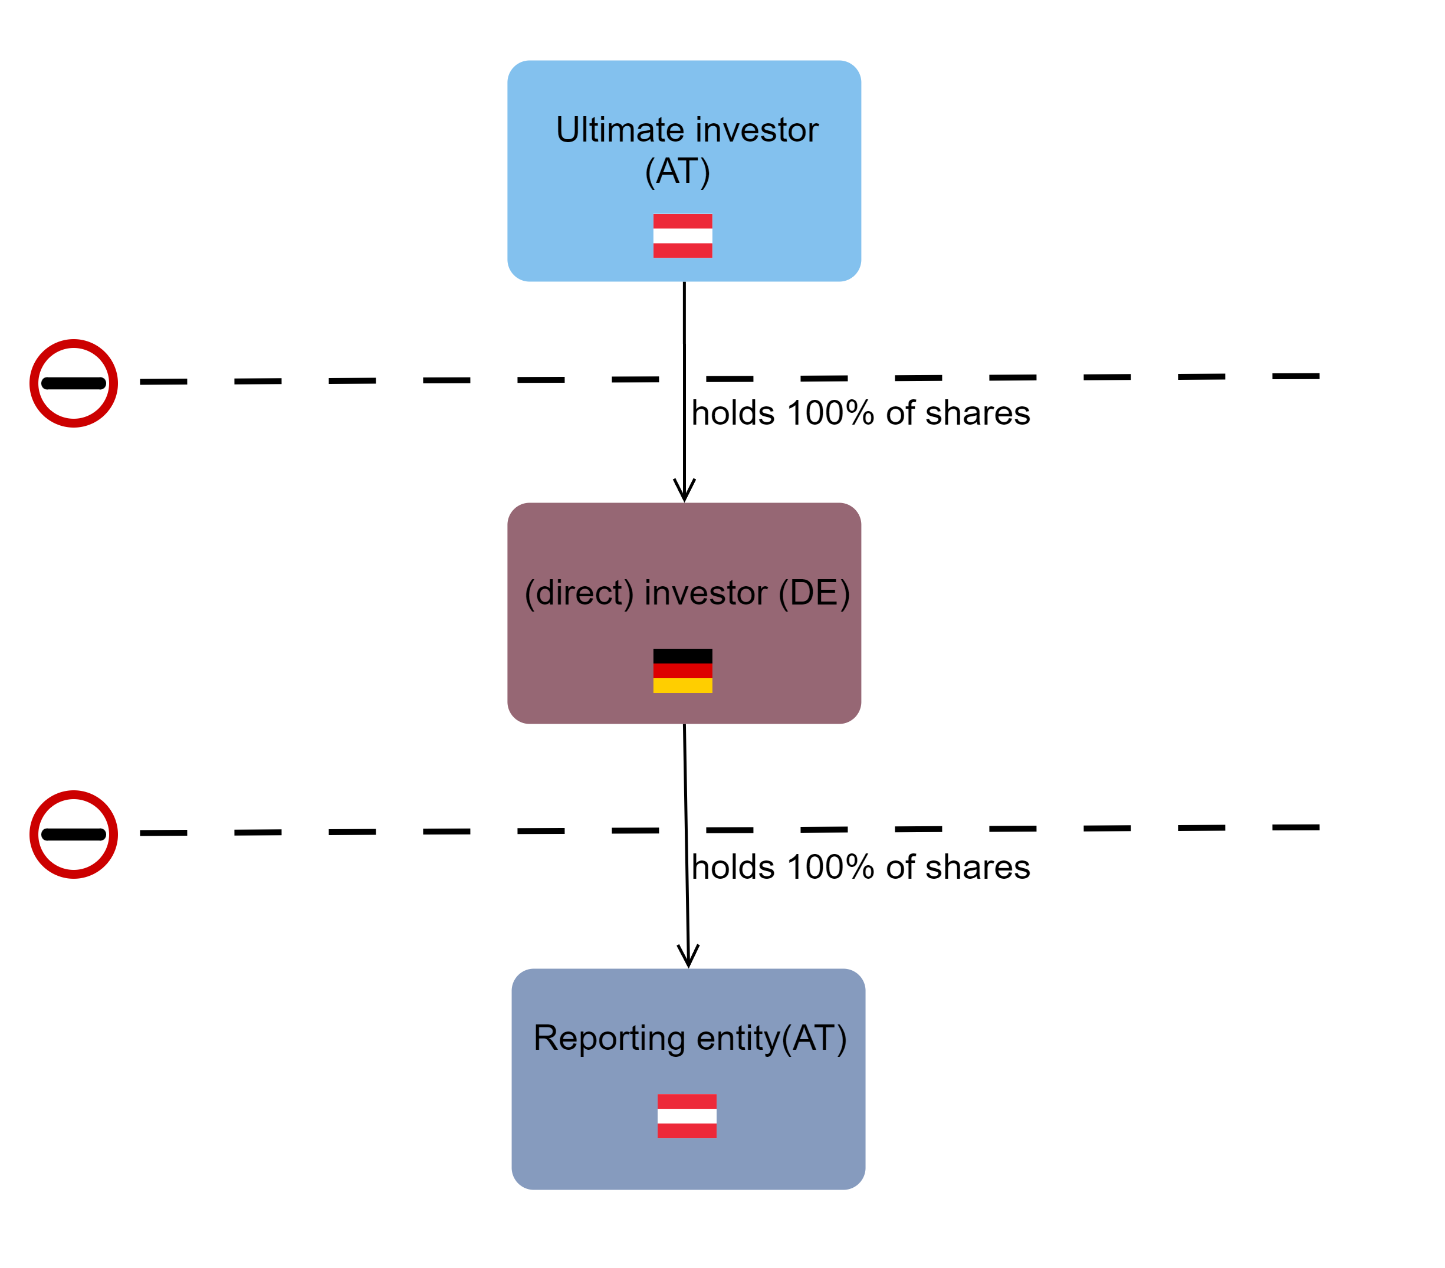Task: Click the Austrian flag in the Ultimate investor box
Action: (682, 235)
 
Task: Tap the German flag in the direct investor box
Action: (682, 671)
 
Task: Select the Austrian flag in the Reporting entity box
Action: (687, 1116)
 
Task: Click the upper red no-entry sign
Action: (74, 383)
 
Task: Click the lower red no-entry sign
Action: (74, 834)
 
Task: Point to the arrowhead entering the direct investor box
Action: (684, 491)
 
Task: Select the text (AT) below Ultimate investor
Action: (677, 172)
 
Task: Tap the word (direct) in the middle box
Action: (579, 592)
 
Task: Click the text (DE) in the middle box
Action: (814, 592)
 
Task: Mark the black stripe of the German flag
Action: (682, 656)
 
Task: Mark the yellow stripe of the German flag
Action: (682, 685)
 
